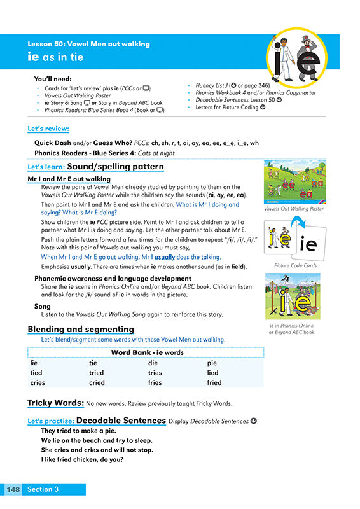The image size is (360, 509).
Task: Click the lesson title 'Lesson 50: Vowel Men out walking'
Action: (88, 44)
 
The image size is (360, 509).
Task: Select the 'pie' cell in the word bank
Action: (212, 363)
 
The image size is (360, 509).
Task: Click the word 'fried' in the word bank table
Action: (214, 382)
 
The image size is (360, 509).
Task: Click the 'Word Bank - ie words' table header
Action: (147, 352)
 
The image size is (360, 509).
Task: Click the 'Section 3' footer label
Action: (43, 489)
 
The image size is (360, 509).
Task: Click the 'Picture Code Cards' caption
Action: (294, 265)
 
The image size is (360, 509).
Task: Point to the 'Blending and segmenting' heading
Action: (81, 329)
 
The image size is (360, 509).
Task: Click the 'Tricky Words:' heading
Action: (55, 403)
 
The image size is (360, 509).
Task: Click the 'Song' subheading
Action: (43, 307)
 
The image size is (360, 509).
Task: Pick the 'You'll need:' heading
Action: (52, 79)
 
